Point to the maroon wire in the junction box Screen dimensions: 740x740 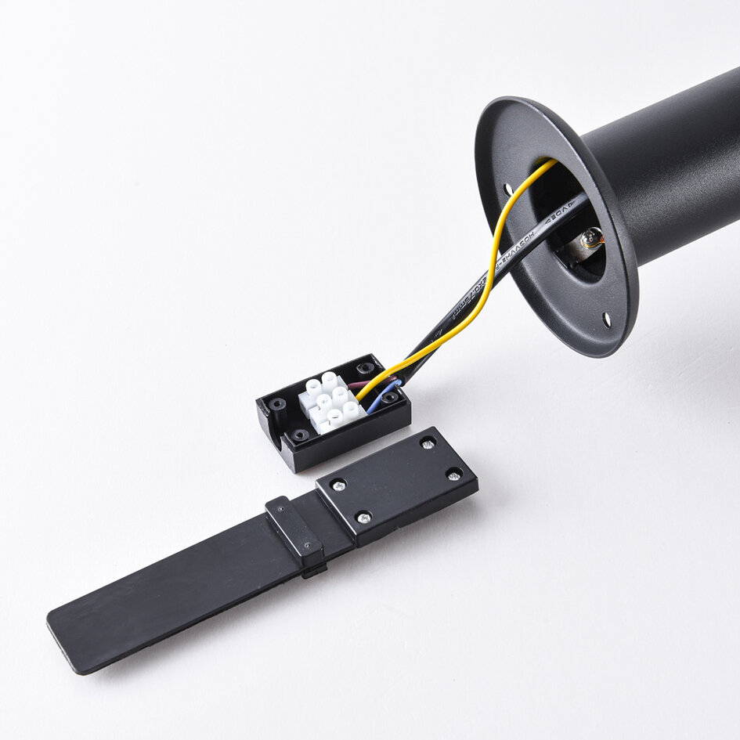tap(361, 384)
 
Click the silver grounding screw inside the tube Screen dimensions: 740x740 tap(591, 236)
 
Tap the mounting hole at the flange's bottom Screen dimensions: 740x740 tap(606, 319)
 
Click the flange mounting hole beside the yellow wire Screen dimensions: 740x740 tap(508, 190)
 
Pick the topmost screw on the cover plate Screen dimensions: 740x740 tap(428, 443)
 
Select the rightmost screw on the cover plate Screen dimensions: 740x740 tap(453, 473)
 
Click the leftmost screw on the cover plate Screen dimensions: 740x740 tap(338, 486)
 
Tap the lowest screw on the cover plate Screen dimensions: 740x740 tap(363, 516)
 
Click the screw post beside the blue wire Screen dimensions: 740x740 tap(389, 398)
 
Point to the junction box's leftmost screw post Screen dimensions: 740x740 tap(277, 406)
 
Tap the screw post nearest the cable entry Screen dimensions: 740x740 tap(365, 368)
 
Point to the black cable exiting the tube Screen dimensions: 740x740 tap(470, 298)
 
